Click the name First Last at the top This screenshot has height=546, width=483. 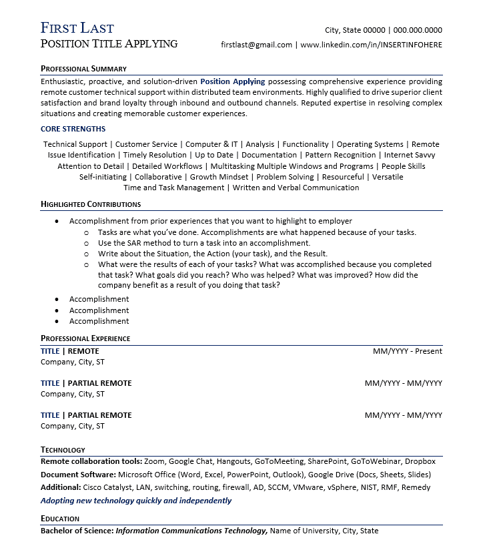tap(77, 28)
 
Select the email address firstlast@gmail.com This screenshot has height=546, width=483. tap(256, 45)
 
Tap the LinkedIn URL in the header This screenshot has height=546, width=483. tap(371, 45)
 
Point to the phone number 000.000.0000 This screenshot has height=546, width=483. tap(418, 30)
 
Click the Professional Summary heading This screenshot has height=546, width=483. tap(83, 69)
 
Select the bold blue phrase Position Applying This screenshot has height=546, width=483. tap(232, 81)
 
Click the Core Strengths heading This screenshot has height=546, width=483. tap(73, 129)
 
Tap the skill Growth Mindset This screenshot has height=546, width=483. tap(219, 177)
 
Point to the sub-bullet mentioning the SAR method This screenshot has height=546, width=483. tap(203, 243)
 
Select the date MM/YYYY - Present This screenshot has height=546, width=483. tap(407, 351)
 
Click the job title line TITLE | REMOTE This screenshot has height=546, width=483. tap(69, 351)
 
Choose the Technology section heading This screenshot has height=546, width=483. tap(63, 450)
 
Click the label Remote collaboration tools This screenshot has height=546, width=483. tap(91, 461)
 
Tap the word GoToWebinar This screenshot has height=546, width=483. tap(375, 461)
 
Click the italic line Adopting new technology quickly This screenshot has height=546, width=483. tap(136, 500)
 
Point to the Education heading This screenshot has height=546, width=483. tap(60, 519)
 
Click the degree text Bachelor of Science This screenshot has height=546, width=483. tap(77, 531)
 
